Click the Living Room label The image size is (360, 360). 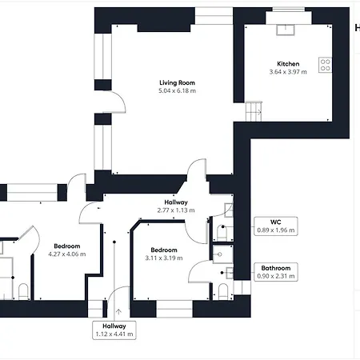tap(177, 82)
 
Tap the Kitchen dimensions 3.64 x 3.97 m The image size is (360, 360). tap(288, 72)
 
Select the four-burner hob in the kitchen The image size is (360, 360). tap(326, 65)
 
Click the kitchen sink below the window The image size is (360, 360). tap(286, 30)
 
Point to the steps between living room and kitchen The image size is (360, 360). tap(254, 111)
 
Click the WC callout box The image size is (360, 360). tap(276, 226)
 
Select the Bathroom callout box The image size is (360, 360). tap(276, 272)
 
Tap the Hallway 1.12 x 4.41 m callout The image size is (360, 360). tap(114, 330)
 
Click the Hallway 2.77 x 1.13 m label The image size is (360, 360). tap(176, 206)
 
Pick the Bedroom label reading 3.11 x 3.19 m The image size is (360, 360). tap(164, 254)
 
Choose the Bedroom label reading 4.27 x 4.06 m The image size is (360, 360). tap(67, 250)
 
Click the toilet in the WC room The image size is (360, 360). tap(222, 233)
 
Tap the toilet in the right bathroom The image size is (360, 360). tap(223, 291)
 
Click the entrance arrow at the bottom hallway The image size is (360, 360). tap(118, 311)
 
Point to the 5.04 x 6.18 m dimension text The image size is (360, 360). tap(177, 90)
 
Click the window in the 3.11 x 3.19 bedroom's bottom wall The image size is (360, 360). tap(174, 309)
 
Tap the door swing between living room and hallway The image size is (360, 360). tap(197, 169)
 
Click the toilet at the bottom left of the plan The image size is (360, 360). tap(23, 291)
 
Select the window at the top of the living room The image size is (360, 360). tap(214, 16)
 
